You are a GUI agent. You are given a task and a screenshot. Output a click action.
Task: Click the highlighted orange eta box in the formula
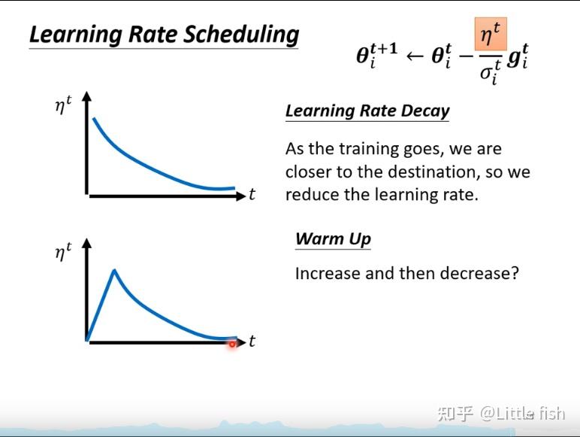click(x=491, y=35)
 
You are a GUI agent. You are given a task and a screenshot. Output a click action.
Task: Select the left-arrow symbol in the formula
click(x=414, y=56)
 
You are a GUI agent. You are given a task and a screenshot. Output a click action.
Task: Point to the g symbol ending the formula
click(x=517, y=57)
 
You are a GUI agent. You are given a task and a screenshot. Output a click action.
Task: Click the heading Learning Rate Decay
click(x=367, y=111)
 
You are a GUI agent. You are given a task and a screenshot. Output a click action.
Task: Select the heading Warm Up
click(x=333, y=239)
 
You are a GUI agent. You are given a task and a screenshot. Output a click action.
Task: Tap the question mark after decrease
click(x=514, y=273)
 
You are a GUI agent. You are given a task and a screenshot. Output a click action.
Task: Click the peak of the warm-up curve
click(x=113, y=270)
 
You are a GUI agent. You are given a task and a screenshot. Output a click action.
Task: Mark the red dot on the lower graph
click(x=232, y=344)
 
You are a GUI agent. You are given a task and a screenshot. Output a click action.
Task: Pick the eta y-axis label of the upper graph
click(x=63, y=105)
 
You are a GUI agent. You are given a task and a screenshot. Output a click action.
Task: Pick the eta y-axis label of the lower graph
click(x=63, y=252)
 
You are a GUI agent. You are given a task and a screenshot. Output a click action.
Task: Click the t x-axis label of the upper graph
click(x=252, y=195)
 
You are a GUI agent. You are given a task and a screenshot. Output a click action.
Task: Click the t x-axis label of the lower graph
click(x=252, y=341)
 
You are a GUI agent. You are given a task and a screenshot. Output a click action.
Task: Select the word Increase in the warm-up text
click(x=327, y=273)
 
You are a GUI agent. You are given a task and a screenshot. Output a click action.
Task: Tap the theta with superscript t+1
click(x=376, y=55)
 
